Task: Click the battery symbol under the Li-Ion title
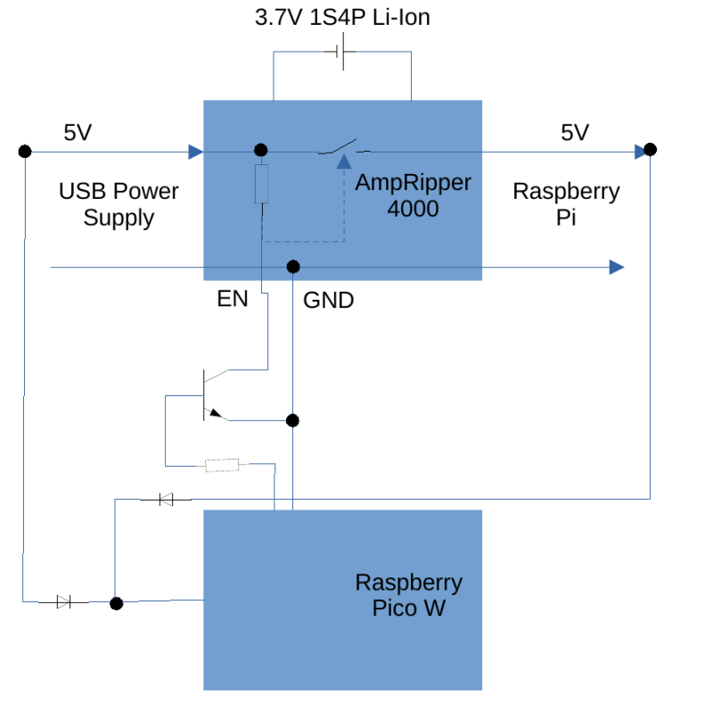342,54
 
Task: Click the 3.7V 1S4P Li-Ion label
342,18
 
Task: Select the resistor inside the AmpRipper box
261,184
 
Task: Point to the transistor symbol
210,393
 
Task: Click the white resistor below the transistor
222,464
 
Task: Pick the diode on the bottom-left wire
63,602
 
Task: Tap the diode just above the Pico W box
166,500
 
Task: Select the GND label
329,301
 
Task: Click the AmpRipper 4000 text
413,196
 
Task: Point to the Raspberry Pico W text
409,595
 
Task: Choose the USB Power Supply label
119,203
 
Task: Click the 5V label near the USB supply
78,133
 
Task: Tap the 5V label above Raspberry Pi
575,133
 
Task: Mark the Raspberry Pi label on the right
567,203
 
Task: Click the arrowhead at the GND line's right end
616,267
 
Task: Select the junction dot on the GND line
292,267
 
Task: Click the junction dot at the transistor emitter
292,420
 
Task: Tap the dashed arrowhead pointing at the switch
344,162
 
